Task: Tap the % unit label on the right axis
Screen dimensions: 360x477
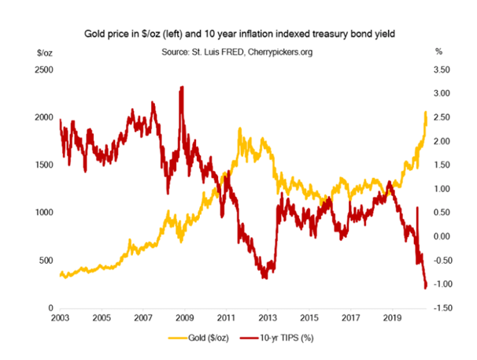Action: (x=439, y=52)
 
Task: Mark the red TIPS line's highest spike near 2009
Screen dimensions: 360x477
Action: (x=183, y=87)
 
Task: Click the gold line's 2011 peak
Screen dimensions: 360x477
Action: (x=239, y=128)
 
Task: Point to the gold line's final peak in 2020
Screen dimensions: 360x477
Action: (x=425, y=113)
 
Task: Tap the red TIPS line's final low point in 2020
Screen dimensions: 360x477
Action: (x=426, y=288)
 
